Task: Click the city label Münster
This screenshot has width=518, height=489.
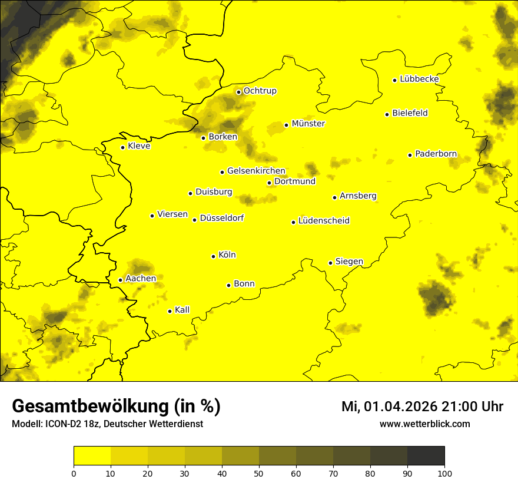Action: pos(308,124)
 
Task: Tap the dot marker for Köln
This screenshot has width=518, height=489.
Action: pos(214,256)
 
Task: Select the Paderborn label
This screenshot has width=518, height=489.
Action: pos(436,154)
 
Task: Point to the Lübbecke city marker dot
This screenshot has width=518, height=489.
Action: pos(395,80)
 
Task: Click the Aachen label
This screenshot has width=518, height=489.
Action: pos(141,279)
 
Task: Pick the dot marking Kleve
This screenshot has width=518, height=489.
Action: pos(123,147)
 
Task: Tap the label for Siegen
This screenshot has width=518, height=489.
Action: pos(349,262)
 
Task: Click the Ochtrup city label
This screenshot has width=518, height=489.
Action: pos(260,91)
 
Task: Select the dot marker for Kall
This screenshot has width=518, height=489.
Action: pos(170,311)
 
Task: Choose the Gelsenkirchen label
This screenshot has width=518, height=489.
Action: pos(256,171)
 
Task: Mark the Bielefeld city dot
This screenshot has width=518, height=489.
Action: pos(387,114)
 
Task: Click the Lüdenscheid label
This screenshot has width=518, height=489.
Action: pos(324,221)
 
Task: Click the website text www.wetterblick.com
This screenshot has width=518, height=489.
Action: pos(424,424)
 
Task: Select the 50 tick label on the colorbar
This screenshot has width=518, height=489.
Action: pos(259,473)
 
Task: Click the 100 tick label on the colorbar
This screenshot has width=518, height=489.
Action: pos(444,473)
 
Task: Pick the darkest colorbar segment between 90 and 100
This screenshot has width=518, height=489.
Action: pos(426,455)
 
